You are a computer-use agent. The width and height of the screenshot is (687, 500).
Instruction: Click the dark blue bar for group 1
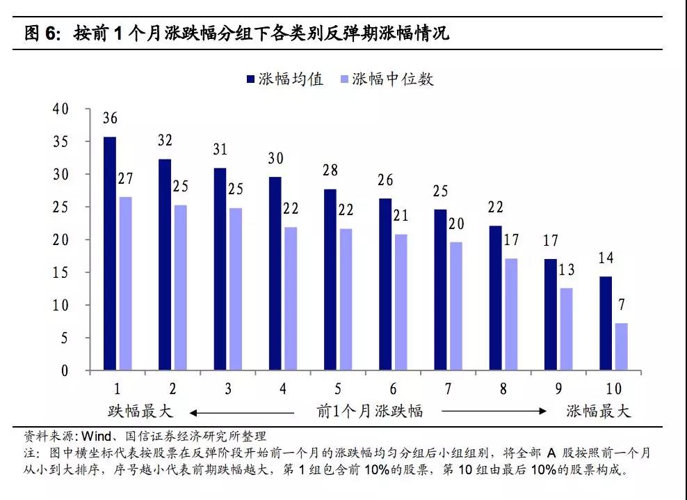click(110, 253)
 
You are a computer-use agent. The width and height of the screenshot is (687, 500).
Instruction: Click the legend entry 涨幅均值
click(284, 79)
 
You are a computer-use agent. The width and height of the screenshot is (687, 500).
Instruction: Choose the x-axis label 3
click(227, 389)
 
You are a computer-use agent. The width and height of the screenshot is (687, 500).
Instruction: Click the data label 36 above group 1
click(110, 118)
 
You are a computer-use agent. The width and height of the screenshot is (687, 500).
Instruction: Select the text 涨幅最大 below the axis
click(598, 411)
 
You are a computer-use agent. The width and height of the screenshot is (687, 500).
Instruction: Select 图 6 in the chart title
click(42, 33)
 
